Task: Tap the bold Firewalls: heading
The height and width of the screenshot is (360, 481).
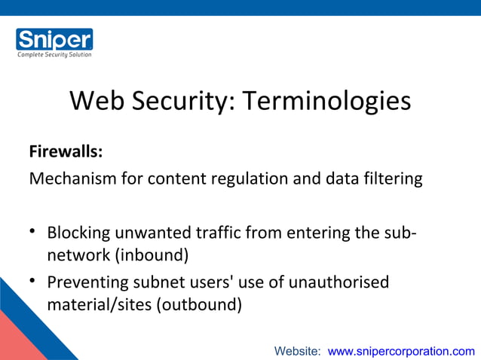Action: pos(66,152)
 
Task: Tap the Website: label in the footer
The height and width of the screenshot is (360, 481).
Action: pos(298,351)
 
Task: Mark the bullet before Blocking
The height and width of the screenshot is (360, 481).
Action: pos(34,232)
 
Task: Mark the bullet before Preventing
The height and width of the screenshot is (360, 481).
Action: pos(34,282)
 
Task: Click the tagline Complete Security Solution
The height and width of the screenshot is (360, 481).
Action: pos(54,54)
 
